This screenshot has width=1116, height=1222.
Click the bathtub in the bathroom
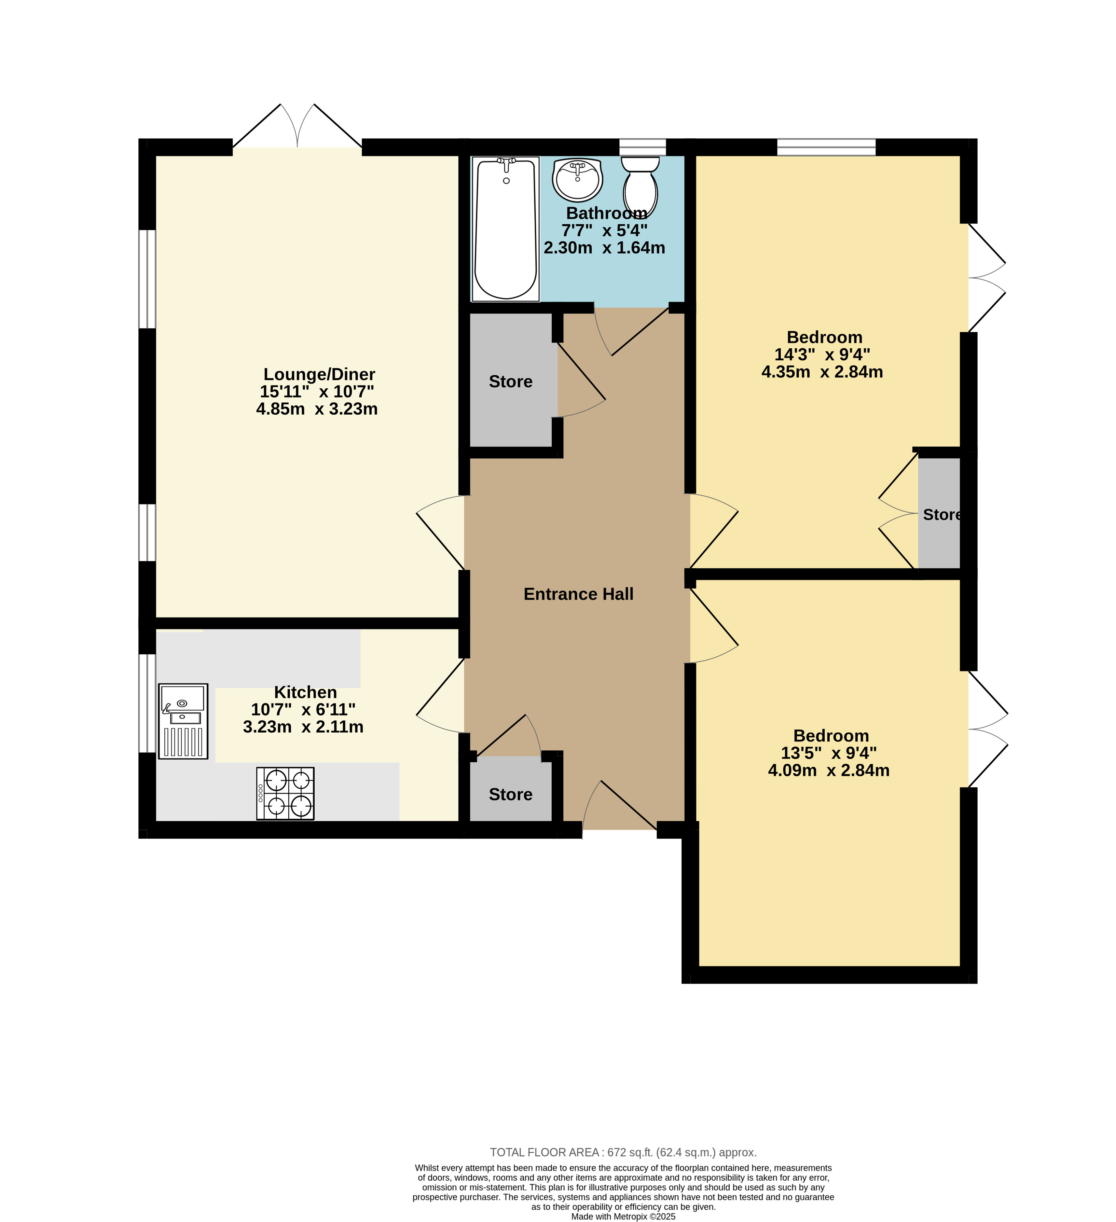pyautogui.click(x=506, y=228)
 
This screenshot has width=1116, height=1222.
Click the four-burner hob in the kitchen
pyautogui.click(x=286, y=793)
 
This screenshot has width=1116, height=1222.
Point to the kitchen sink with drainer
pyautogui.click(x=183, y=721)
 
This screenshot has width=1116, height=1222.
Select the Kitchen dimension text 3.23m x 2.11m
pyautogui.click(x=303, y=727)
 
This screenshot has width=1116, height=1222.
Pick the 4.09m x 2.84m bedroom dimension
pyautogui.click(x=829, y=770)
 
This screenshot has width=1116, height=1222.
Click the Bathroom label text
pyautogui.click(x=606, y=213)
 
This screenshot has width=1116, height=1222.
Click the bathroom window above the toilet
pyautogui.click(x=643, y=147)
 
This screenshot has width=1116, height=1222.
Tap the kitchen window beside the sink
pyautogui.click(x=147, y=703)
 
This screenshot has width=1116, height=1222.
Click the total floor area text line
pyautogui.click(x=623, y=1152)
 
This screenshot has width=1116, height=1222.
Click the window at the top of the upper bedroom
pyautogui.click(x=826, y=147)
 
